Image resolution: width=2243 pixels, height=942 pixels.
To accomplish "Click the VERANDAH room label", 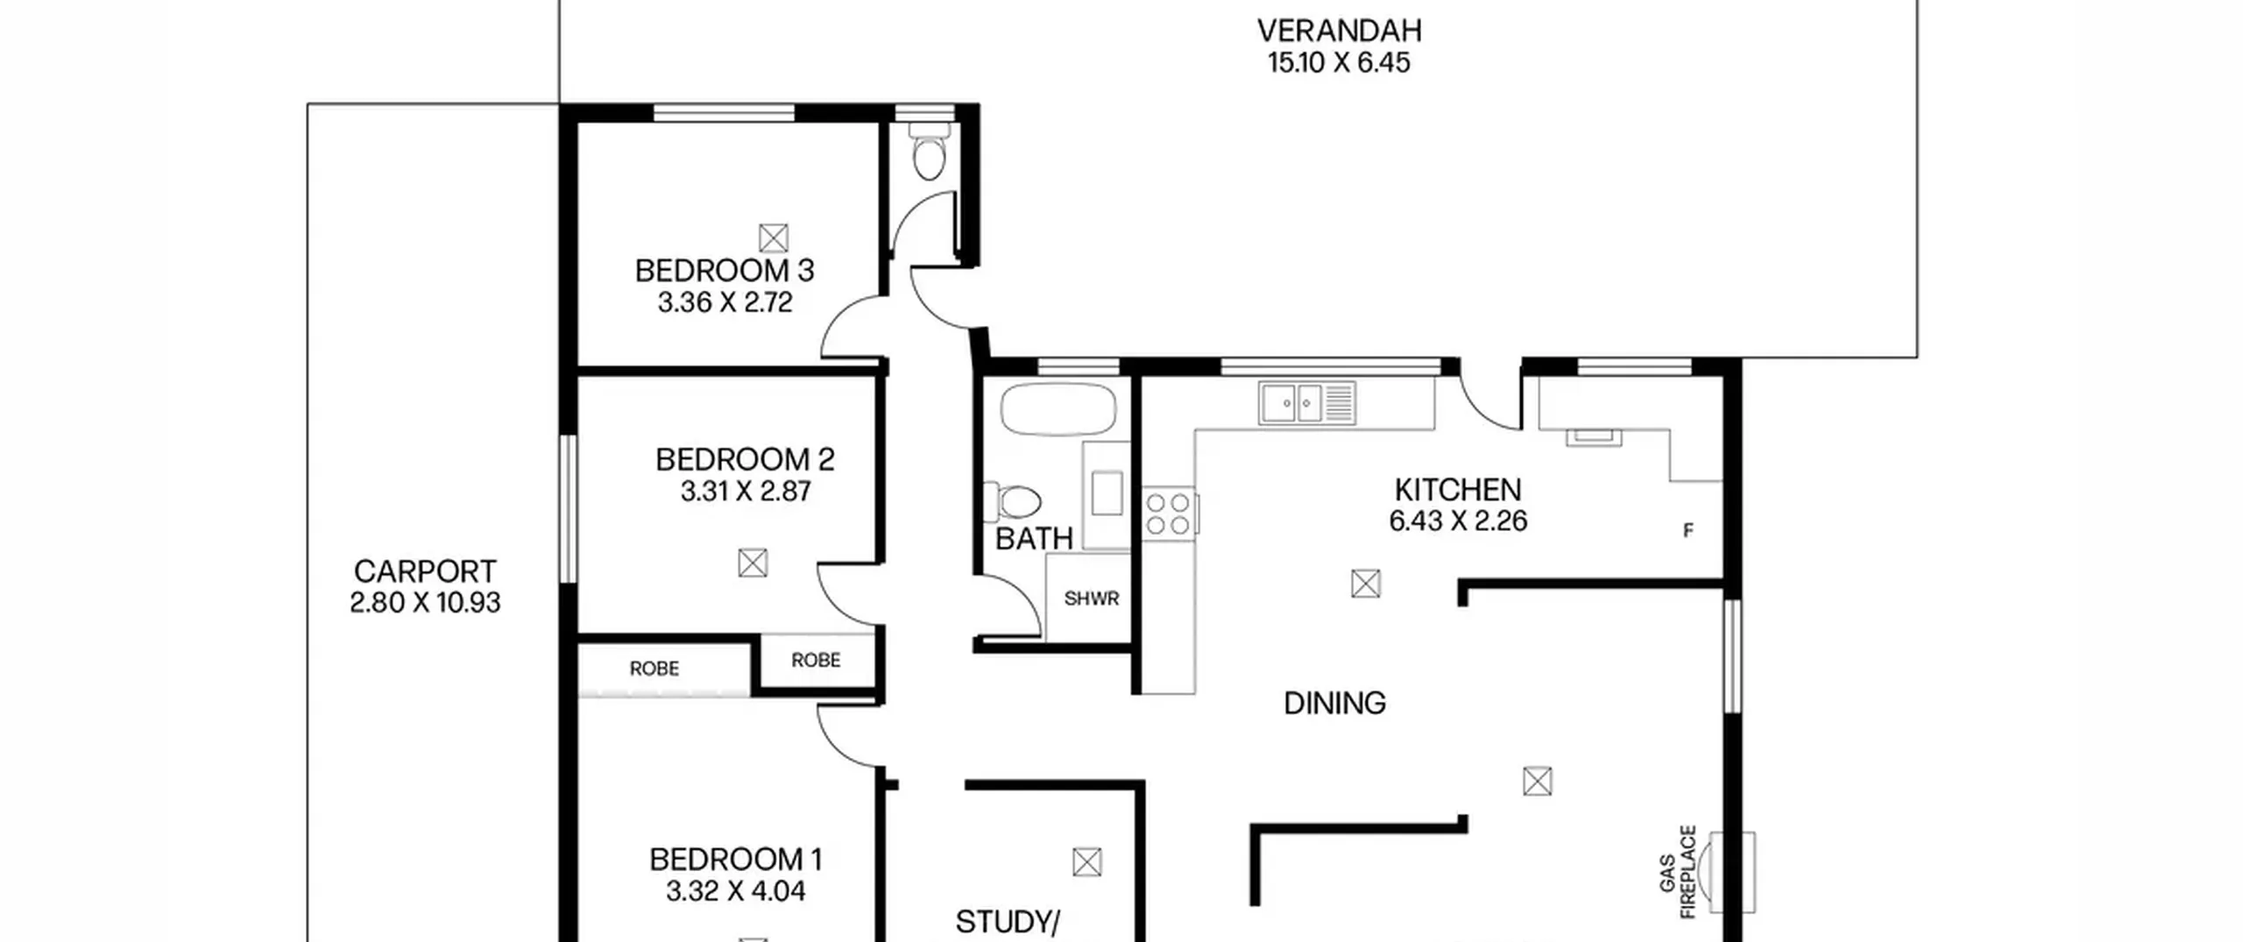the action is point(1339,31).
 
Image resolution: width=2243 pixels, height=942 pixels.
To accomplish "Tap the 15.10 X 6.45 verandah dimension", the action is point(1339,63).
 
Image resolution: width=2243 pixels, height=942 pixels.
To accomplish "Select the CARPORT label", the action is point(425,571).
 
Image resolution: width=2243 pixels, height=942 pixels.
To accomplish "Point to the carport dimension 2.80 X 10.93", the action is point(425,603).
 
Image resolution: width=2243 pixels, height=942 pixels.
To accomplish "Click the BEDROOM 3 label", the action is point(725,271).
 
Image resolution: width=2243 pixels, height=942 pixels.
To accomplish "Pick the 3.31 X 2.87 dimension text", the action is point(746,492).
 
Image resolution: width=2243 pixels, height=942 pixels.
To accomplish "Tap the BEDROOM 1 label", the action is point(736,860).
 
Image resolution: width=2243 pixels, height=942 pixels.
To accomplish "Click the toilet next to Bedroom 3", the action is point(929,151).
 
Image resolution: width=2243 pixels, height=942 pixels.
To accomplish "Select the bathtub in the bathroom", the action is point(1058,409).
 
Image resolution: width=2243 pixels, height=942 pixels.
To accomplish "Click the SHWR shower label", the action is point(1092,599).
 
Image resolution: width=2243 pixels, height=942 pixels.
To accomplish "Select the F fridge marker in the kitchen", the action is point(1688,530).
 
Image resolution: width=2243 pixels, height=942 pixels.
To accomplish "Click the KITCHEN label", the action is point(1458,489).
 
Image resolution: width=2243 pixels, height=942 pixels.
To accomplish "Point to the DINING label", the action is point(1334,703).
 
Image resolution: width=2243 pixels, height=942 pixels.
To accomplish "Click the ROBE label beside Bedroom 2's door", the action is point(816,660).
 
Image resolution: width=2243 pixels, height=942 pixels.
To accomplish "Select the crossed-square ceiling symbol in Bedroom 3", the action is point(773,237).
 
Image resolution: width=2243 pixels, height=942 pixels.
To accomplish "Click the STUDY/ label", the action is point(1008,922).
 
